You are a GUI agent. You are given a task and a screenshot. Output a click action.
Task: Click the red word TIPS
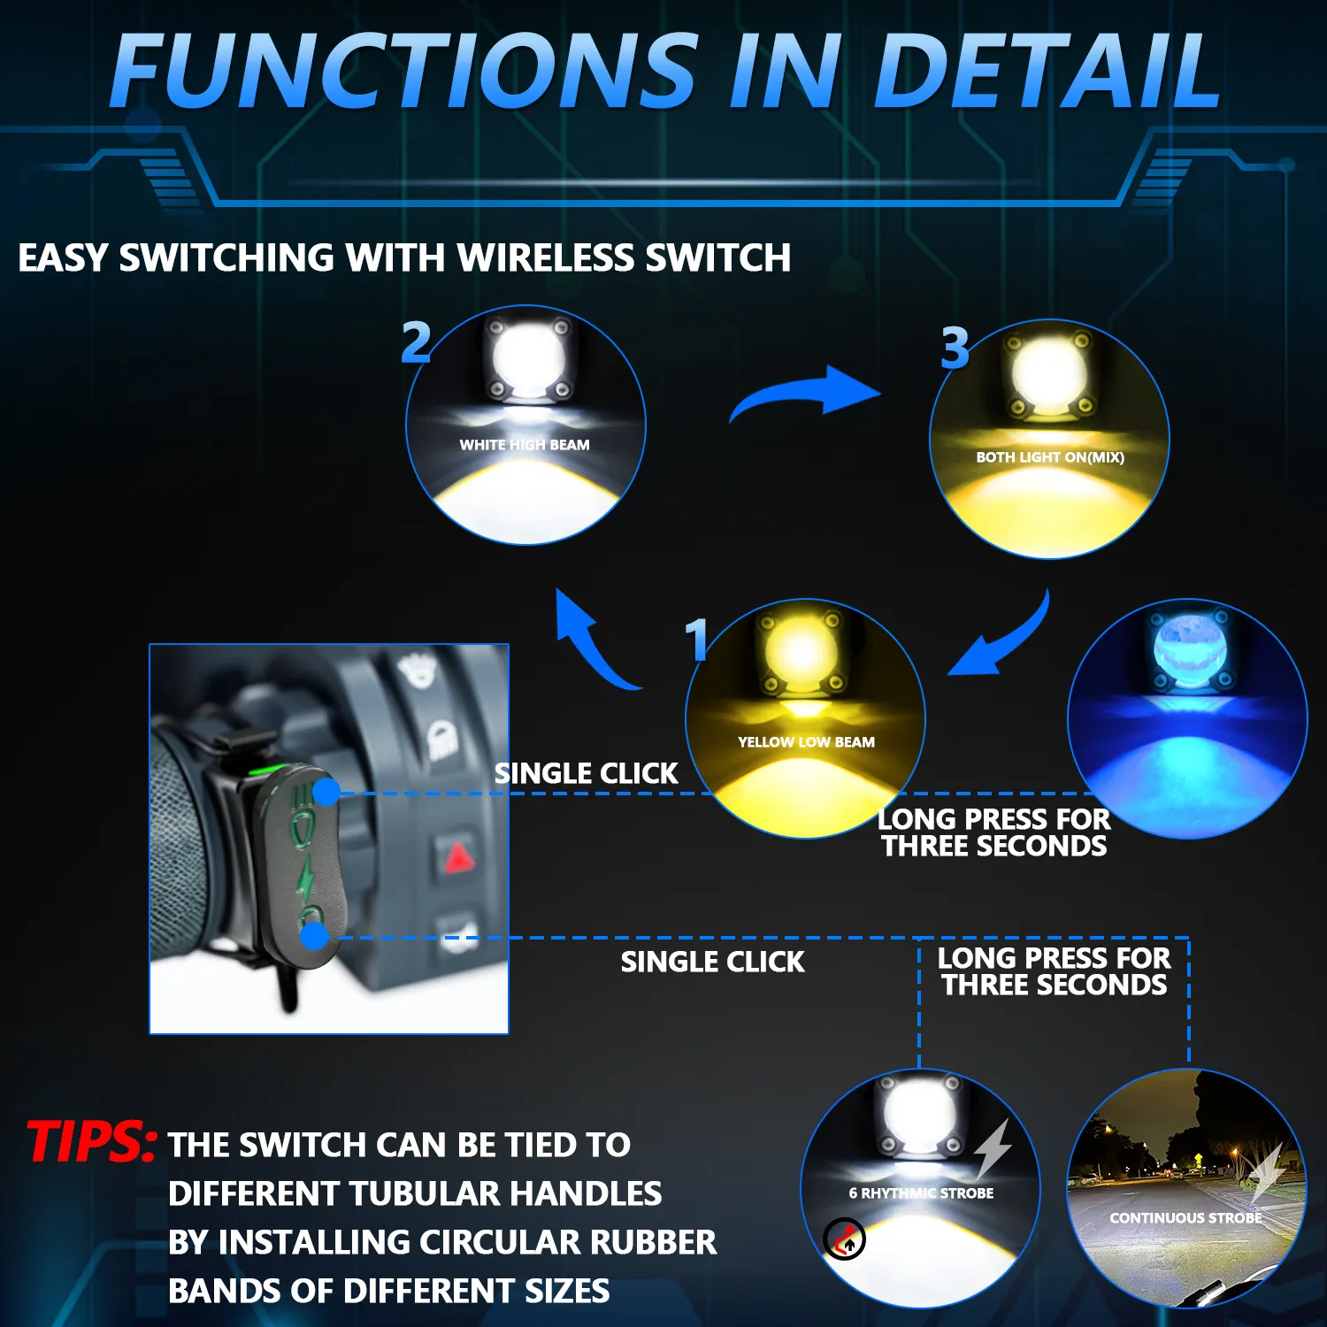click(92, 1140)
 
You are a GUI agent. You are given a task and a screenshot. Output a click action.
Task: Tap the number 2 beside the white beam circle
click(416, 342)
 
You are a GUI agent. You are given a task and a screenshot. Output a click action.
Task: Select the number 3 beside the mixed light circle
click(955, 348)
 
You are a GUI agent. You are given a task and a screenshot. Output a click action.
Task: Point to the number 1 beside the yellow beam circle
click(696, 639)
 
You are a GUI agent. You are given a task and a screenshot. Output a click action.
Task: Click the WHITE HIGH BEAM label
click(525, 445)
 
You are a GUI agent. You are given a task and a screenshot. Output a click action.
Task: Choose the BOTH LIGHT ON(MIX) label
click(1050, 457)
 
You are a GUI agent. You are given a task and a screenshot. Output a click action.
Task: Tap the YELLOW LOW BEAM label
click(806, 742)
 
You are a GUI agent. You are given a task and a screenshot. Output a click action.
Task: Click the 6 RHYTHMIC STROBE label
click(921, 1193)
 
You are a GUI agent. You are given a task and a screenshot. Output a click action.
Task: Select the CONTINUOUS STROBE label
click(1185, 1218)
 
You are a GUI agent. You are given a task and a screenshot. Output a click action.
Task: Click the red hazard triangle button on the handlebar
click(458, 858)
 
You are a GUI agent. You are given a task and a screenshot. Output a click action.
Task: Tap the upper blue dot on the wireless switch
click(326, 792)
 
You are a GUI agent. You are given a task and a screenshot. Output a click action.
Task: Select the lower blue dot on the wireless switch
click(314, 937)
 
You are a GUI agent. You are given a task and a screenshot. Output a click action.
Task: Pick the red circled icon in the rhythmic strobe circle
click(845, 1239)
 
